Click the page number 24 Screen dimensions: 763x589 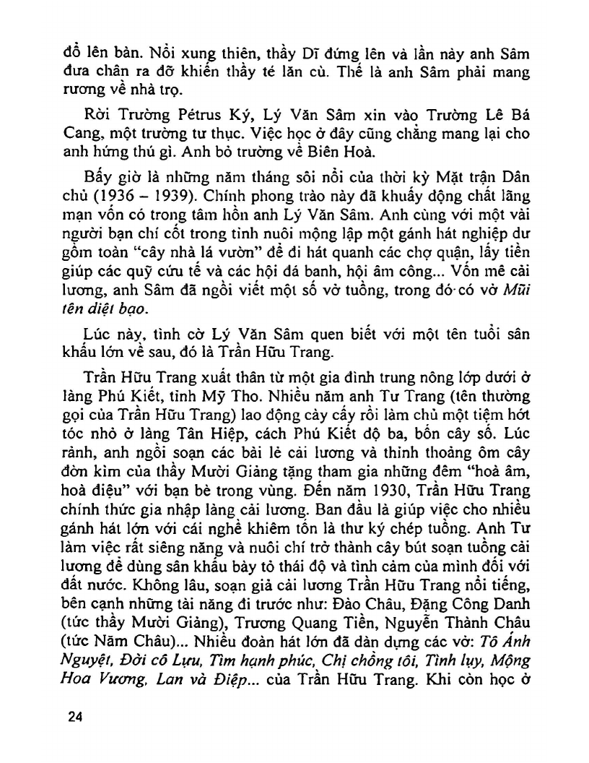click(x=74, y=717)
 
